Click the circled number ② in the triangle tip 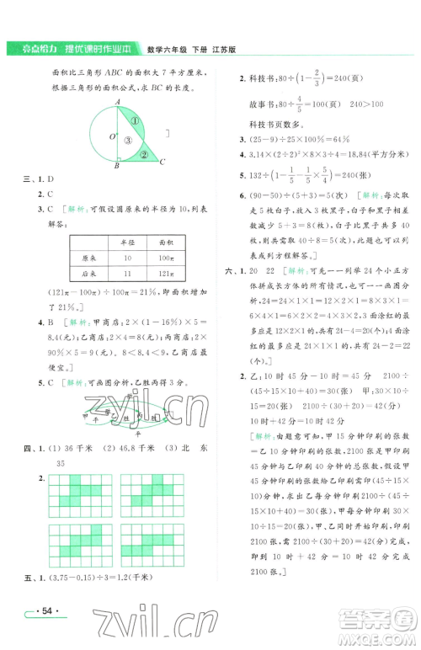click(143, 155)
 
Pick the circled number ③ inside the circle click(126, 141)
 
